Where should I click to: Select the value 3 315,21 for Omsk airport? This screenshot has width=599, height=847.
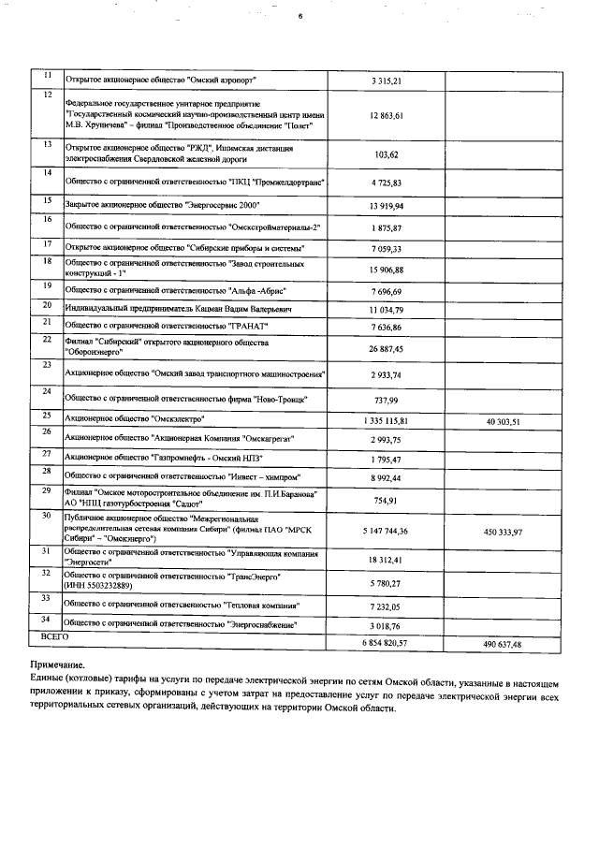click(386, 81)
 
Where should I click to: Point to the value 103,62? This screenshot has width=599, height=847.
click(387, 154)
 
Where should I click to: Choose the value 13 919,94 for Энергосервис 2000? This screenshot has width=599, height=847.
click(386, 204)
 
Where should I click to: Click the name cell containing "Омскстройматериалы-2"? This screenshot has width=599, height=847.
click(193, 227)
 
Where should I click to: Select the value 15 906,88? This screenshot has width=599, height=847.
click(386, 270)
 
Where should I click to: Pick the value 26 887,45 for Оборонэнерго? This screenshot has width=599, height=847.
click(386, 348)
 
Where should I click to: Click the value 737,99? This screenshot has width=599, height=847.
click(387, 400)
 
